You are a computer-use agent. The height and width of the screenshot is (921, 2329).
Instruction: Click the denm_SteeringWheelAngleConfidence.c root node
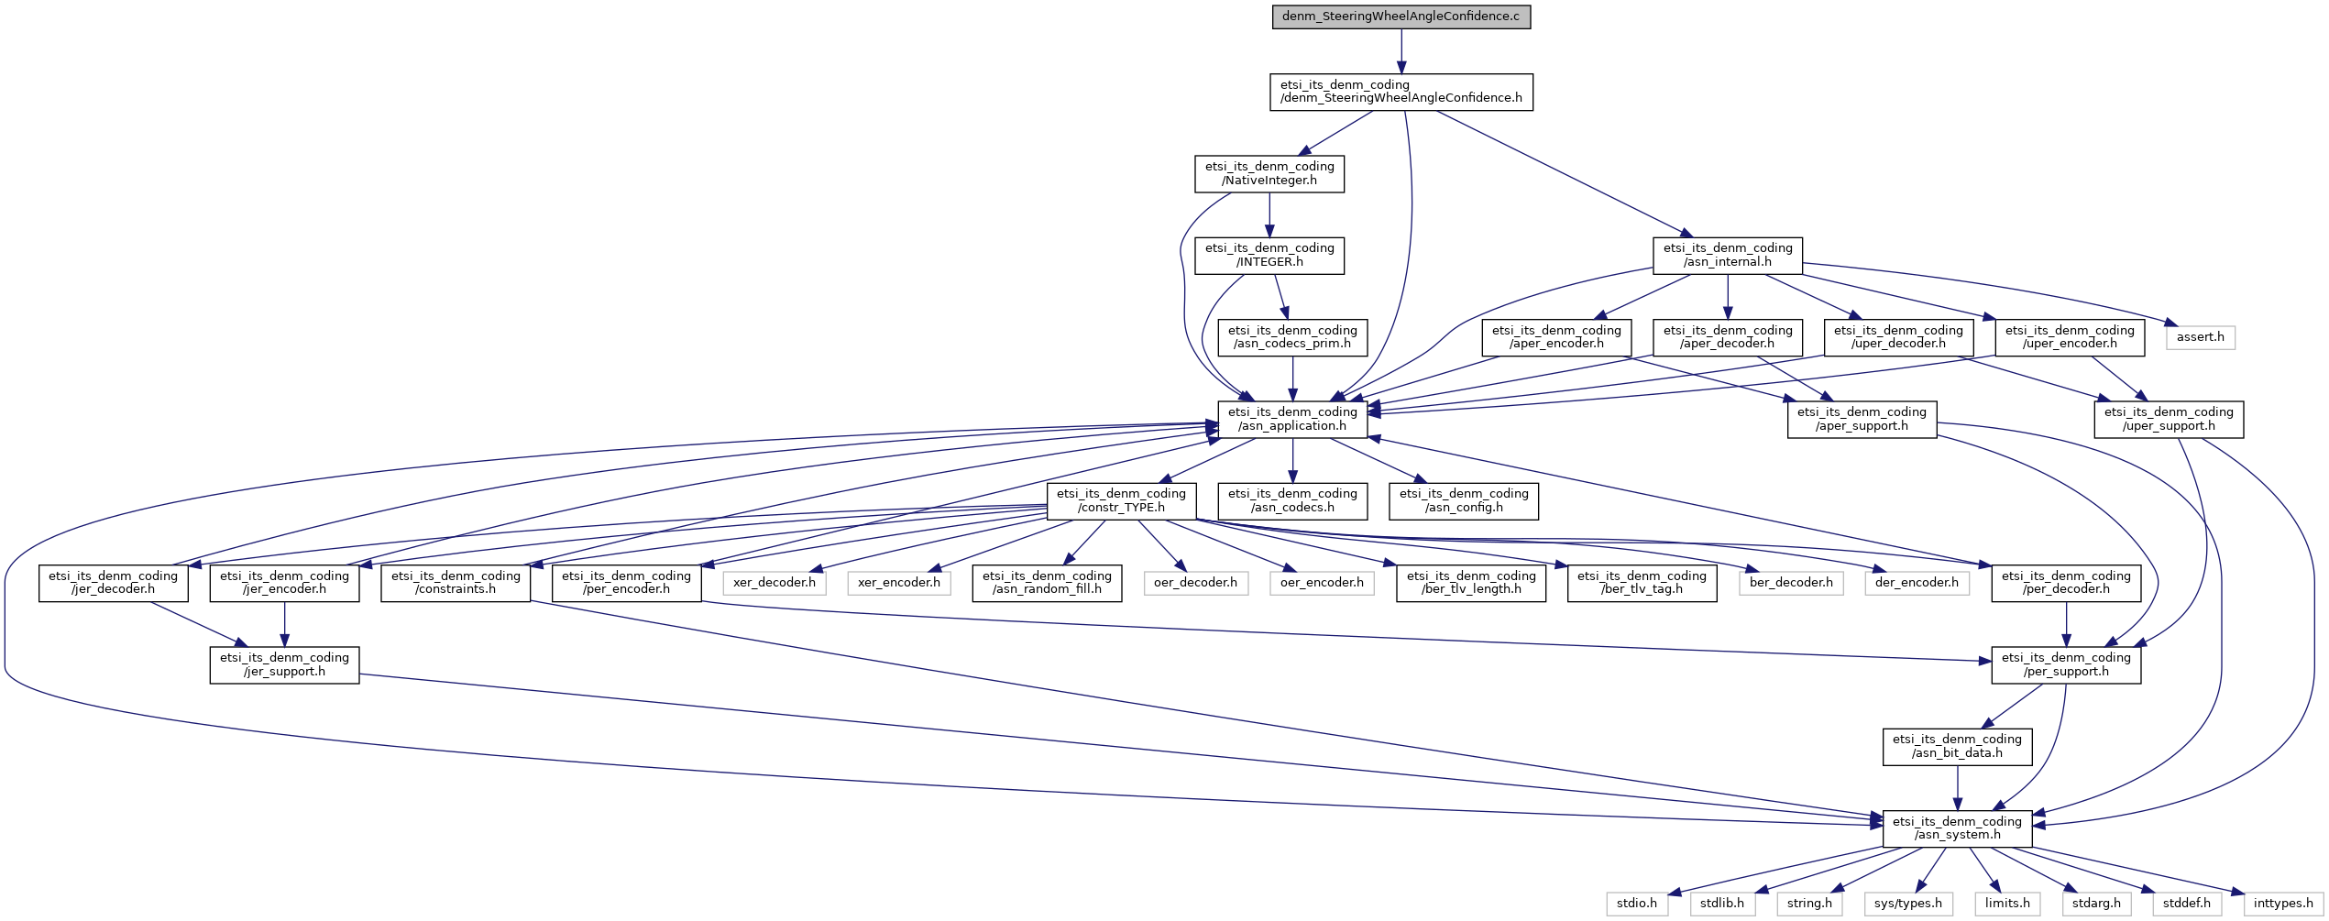tap(1401, 16)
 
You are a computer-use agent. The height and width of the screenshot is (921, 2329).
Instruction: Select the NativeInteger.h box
tap(1269, 173)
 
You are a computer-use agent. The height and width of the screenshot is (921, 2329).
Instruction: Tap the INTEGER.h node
tap(1269, 255)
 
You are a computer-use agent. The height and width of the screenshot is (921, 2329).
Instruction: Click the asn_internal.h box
tap(1727, 255)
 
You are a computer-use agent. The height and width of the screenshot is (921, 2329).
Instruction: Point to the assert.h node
tap(2200, 337)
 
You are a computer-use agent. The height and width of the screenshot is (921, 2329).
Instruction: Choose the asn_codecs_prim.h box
tap(1291, 337)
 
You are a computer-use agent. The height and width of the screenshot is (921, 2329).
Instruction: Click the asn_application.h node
tap(1291, 419)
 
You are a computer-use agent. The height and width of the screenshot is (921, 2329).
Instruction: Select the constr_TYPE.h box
tap(1120, 500)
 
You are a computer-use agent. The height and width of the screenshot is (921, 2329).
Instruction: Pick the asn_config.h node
tap(1463, 500)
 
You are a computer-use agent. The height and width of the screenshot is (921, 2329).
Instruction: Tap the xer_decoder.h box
tap(774, 583)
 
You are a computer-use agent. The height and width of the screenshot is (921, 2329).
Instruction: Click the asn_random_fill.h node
tap(1047, 583)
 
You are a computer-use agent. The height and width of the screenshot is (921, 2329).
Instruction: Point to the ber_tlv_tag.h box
tap(1641, 583)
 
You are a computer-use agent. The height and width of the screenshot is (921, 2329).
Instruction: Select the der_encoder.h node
tap(1916, 583)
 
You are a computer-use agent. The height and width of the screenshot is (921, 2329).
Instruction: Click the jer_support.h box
tap(284, 664)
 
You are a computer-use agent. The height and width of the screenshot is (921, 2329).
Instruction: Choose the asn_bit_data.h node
tap(1956, 746)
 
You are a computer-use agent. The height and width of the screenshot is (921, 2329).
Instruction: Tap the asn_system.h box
tap(1956, 828)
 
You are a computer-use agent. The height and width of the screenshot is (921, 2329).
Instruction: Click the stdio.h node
tap(1636, 904)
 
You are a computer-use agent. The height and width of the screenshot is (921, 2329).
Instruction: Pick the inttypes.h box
tap(2282, 904)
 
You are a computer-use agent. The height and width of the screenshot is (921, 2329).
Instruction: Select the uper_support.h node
tap(2168, 419)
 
